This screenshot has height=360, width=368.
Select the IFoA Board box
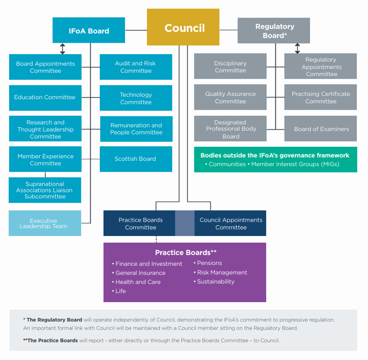89,30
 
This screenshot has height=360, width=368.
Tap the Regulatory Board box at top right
274,31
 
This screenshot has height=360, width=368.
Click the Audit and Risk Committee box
136,67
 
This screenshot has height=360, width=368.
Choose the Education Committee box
45,97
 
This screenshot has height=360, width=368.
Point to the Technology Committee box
136,98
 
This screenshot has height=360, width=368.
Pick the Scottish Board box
136,159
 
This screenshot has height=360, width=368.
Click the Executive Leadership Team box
45,223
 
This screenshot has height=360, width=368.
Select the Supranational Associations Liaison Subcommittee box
45,190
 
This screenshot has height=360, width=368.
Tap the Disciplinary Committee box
231,66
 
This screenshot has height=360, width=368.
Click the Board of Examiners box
321,129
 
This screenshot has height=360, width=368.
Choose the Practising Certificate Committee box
321,98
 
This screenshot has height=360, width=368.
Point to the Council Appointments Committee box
231,223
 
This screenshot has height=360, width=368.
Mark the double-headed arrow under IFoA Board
62,48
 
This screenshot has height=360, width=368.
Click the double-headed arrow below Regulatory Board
298,48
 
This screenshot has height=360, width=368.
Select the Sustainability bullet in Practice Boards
215,282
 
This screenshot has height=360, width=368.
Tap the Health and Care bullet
137,282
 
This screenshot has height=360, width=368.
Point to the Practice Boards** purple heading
185,253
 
